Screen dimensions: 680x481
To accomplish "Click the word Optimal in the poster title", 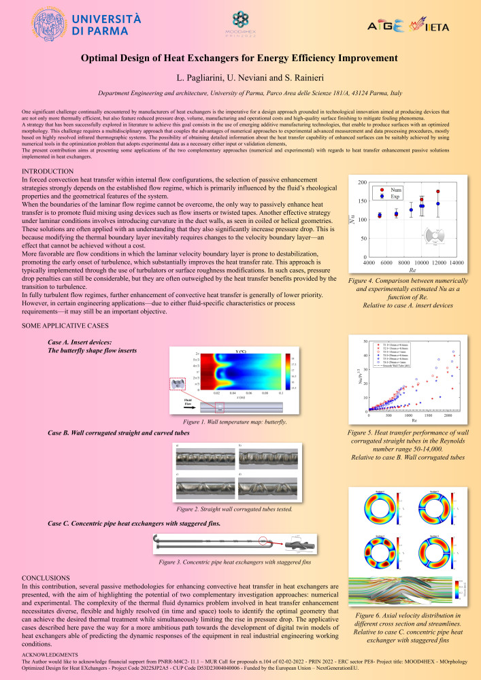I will click(x=105, y=60).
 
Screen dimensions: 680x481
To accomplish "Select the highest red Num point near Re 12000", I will click(x=438, y=192).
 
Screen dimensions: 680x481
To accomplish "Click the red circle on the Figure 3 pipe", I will click(x=261, y=543).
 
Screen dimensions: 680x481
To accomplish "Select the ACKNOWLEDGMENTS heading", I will click(x=50, y=653).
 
